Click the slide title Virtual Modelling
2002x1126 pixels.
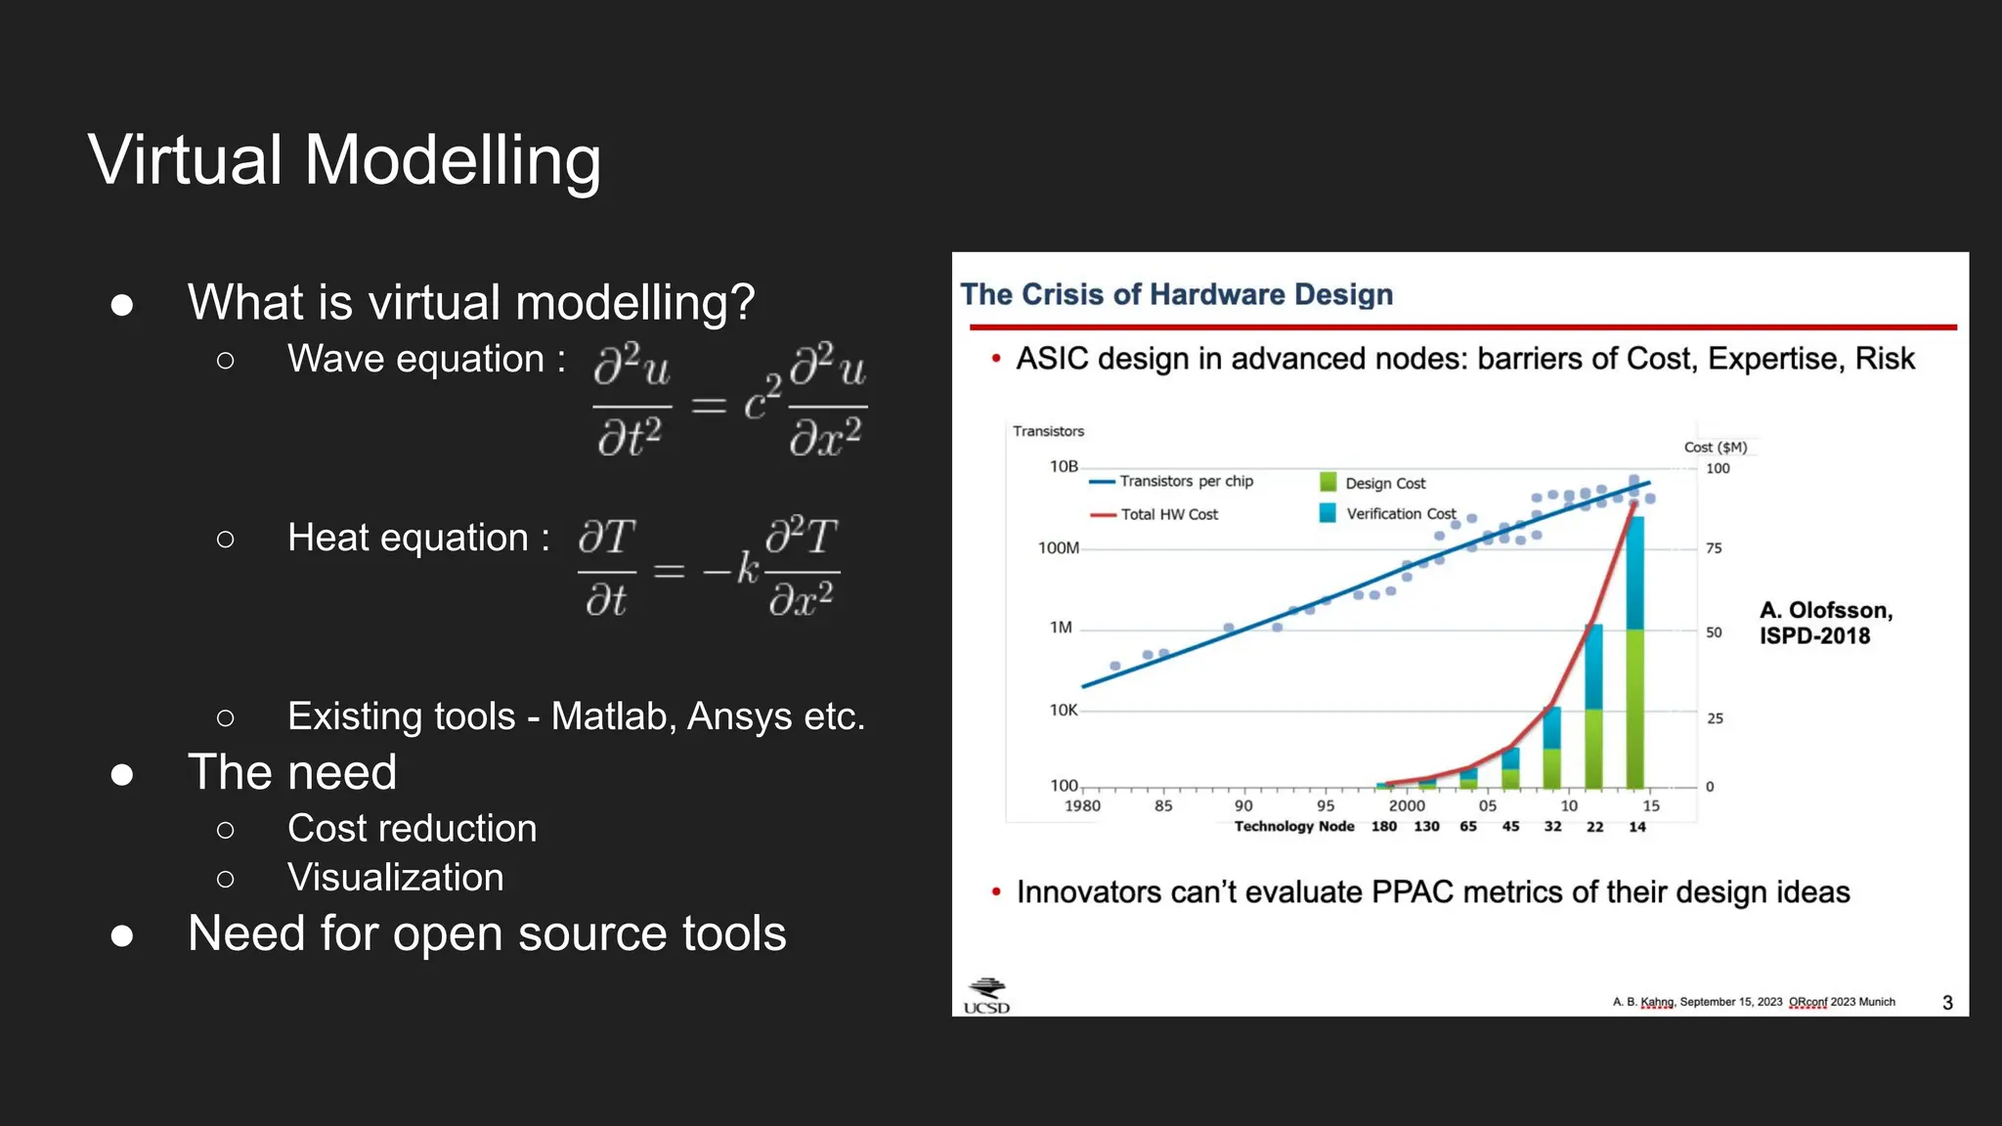(344, 160)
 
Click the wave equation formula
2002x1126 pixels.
(729, 400)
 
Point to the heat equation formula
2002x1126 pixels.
(709, 567)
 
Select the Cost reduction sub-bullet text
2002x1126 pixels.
(412, 829)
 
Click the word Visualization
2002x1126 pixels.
(395, 878)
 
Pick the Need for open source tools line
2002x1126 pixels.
(486, 933)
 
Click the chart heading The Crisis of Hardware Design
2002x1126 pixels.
(1176, 294)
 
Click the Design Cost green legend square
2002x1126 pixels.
(1327, 482)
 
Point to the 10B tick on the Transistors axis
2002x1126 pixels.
(1064, 467)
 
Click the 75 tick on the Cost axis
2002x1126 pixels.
(1714, 548)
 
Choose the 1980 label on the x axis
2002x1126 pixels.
(1081, 806)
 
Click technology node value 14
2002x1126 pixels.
(1636, 827)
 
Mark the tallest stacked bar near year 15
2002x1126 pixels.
(1634, 655)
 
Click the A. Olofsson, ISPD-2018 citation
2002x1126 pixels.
(1825, 623)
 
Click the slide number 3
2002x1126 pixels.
(1947, 1003)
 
